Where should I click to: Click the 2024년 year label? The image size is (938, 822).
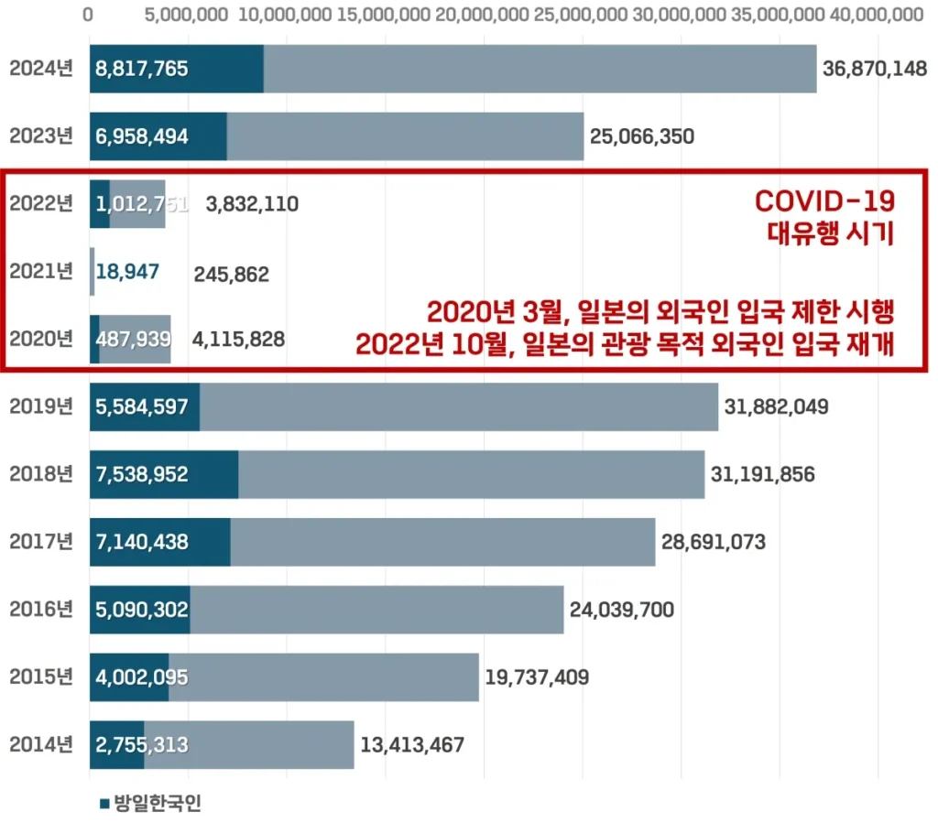point(40,70)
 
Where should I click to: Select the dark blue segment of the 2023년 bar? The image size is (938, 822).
point(158,136)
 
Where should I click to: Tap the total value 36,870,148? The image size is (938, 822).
point(875,70)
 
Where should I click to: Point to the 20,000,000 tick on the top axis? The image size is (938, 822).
point(483,16)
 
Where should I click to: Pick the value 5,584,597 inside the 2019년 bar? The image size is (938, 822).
point(142,407)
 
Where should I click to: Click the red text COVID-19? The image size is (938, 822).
point(823,201)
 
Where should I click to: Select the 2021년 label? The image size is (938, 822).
point(40,272)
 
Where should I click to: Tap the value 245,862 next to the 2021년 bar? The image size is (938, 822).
point(231,273)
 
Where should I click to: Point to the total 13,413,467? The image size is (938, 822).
point(412,745)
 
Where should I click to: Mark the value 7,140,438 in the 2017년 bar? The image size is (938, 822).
point(142,542)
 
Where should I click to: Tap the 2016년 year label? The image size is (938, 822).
point(40,610)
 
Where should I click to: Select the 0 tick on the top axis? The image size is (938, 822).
point(88,16)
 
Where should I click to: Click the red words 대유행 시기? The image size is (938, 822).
point(830,233)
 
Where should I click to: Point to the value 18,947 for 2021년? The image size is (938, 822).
point(127,272)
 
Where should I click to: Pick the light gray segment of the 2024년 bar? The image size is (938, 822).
point(540,70)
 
